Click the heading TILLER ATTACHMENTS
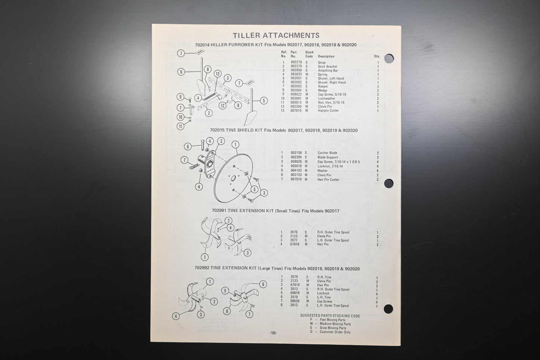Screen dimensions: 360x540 276,36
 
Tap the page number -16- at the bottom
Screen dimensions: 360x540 273,333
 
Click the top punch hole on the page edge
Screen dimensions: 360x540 389,59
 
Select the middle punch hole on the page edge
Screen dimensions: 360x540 389,184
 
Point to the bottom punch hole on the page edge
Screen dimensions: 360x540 388,309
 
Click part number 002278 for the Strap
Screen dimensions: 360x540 296,62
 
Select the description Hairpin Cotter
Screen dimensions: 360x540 328,111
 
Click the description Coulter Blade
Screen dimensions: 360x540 327,153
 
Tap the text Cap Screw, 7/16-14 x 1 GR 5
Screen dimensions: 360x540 338,162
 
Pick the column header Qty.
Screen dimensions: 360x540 377,56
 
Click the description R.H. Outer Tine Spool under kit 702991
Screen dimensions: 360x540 333,233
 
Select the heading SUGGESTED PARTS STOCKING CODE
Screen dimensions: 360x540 330,316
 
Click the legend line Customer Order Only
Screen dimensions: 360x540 335,332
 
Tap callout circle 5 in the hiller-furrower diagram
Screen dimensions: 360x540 263,101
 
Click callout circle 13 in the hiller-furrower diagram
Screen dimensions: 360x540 217,74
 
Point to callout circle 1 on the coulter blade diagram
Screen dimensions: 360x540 235,145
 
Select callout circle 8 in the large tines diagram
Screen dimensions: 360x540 226,311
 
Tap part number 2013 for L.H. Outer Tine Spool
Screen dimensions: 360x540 294,305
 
